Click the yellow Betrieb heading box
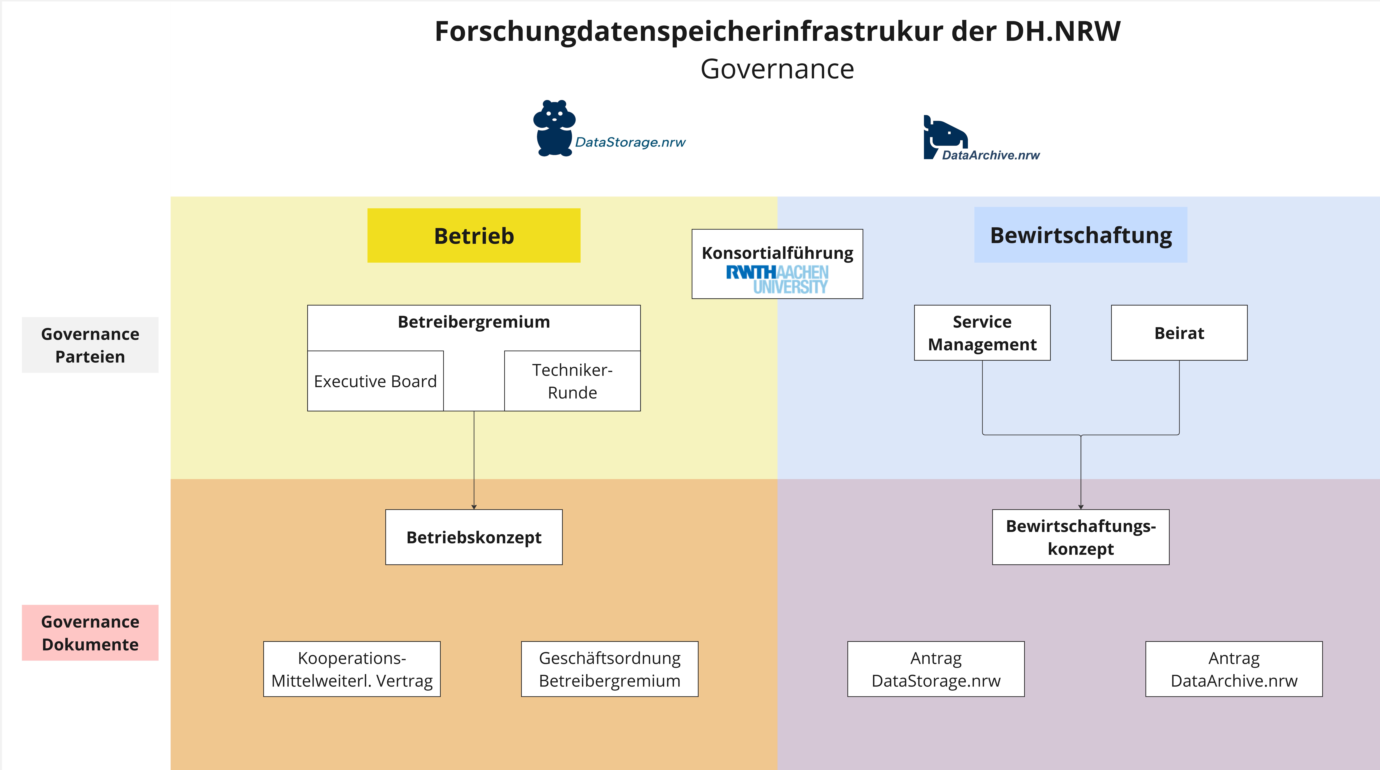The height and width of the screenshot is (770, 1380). point(474,235)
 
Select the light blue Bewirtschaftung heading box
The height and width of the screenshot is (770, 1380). point(1080,235)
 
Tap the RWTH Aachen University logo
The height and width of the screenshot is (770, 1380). point(777,279)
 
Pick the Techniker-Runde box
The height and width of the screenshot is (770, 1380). point(572,381)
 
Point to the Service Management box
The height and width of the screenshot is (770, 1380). point(982,333)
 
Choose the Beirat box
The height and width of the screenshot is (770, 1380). point(1179,333)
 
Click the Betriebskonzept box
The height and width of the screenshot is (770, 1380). point(474,537)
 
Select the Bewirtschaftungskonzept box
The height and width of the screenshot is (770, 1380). point(1080,537)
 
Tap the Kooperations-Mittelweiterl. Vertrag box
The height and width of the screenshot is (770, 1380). point(352,669)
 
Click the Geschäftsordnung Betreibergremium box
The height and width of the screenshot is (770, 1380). point(610,669)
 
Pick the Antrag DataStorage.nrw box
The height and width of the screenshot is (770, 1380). point(936,669)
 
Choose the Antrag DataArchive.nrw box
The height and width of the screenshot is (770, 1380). point(1234,669)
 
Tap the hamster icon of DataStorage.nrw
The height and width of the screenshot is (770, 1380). point(554,128)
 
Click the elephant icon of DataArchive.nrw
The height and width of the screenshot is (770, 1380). point(945,137)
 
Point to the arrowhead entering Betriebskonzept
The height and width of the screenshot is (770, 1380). point(474,507)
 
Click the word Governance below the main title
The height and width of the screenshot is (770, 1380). point(777,69)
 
